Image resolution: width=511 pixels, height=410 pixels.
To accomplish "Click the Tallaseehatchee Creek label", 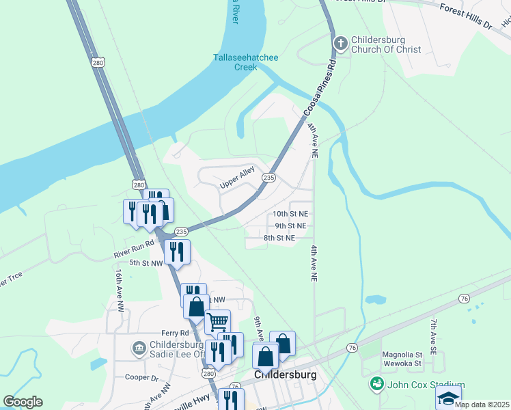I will (245, 62).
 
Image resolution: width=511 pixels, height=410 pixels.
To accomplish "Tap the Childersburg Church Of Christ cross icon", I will (340, 44).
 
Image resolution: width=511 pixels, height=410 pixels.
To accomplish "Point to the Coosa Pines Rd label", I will (321, 89).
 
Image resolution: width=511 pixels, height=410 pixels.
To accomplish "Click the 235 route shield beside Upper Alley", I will (268, 178).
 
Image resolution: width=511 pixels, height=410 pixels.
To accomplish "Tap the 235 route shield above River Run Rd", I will (181, 232).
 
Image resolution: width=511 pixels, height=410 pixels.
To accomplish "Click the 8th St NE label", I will (279, 238).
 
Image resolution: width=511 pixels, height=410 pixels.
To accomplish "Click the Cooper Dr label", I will (141, 377).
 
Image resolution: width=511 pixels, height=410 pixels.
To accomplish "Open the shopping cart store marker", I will (217, 320).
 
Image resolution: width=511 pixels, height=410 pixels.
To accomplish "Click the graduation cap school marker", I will (448, 398).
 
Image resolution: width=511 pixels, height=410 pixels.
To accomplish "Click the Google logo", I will (23, 402).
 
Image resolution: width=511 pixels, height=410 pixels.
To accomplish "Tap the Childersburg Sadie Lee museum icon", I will (138, 348).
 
